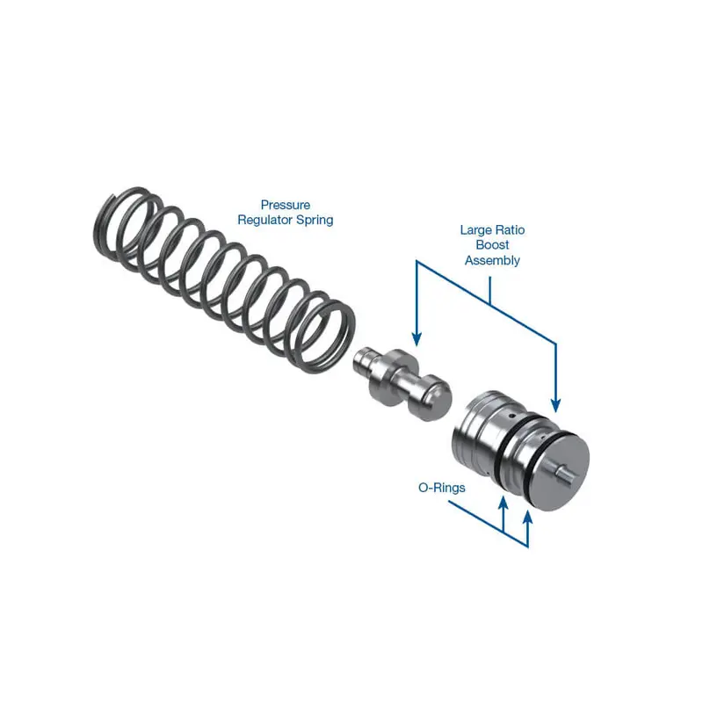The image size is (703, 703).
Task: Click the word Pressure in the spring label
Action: [x=285, y=205]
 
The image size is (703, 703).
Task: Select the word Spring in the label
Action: [x=314, y=220]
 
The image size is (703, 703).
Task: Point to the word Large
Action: [x=475, y=230]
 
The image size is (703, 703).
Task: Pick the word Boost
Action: [x=492, y=245]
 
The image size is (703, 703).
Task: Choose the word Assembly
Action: [x=492, y=260]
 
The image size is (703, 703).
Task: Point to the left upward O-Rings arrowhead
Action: [x=503, y=504]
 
